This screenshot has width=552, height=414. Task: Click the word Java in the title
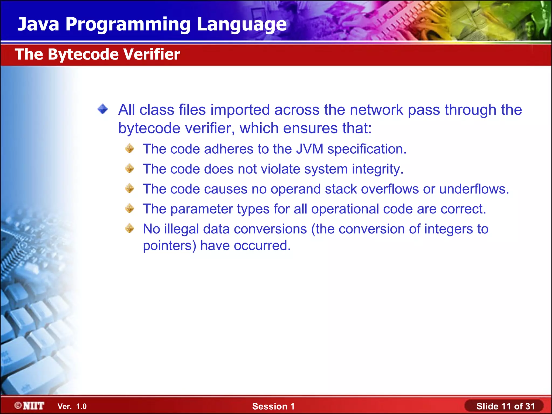(x=38, y=24)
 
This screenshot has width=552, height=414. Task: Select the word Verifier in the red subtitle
(x=152, y=54)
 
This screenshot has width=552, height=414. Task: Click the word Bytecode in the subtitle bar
(x=83, y=54)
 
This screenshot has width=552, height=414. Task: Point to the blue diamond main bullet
(x=103, y=109)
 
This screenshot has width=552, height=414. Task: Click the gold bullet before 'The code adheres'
(x=130, y=149)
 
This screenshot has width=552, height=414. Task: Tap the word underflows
(x=474, y=189)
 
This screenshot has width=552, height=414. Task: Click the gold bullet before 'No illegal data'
(x=130, y=228)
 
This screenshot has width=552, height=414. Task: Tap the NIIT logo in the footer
(x=30, y=406)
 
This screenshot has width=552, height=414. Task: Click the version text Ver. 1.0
(x=72, y=406)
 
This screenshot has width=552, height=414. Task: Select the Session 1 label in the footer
(x=273, y=406)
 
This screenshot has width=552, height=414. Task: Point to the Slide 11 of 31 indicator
(x=505, y=406)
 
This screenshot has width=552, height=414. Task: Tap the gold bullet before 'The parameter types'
(x=130, y=208)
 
